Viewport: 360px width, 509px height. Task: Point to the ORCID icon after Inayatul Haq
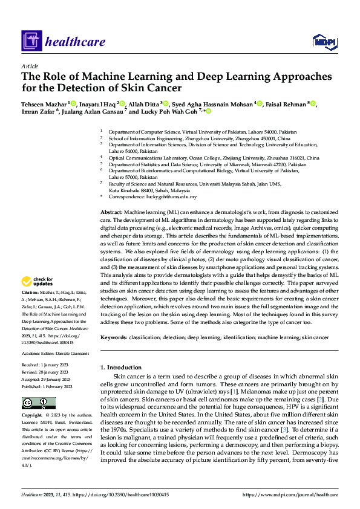point(122,104)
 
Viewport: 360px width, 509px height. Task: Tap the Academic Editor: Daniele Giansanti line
point(56,353)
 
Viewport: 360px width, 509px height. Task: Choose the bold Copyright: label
point(33,417)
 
